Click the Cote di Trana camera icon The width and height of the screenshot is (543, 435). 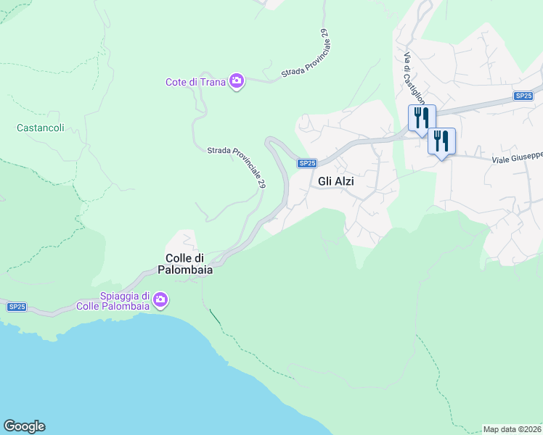[236, 81]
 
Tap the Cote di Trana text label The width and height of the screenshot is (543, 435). [195, 82]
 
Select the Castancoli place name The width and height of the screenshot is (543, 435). [41, 128]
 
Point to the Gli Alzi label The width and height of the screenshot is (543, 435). [336, 181]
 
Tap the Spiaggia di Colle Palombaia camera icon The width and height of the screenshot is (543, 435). [160, 299]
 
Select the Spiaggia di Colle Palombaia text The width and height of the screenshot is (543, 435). [125, 301]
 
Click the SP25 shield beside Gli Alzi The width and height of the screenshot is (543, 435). [307, 164]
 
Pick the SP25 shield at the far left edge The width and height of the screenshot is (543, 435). [17, 307]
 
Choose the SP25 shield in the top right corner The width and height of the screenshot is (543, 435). [523, 96]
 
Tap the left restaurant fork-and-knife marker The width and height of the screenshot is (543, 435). [422, 117]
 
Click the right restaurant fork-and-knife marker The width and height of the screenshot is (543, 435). [441, 141]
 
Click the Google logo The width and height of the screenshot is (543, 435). [24, 426]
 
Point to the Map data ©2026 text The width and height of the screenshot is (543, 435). [512, 428]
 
